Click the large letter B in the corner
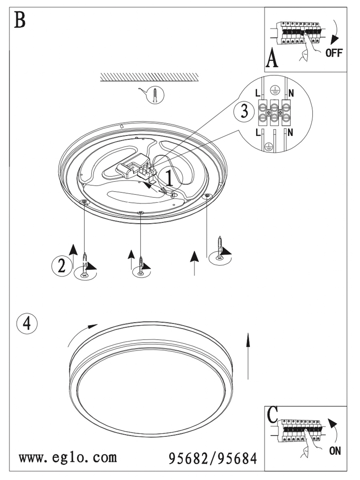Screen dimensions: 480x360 [x=20, y=20]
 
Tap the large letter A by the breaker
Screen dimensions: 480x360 [x=272, y=59]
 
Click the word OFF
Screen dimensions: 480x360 [x=334, y=52]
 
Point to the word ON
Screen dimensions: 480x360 [x=335, y=451]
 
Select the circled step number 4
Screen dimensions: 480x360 [x=27, y=324]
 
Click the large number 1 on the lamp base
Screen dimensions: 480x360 [x=170, y=179]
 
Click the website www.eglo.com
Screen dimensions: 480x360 [x=68, y=456]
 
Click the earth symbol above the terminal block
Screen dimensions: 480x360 [x=274, y=90]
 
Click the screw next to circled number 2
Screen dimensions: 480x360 [x=84, y=266]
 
